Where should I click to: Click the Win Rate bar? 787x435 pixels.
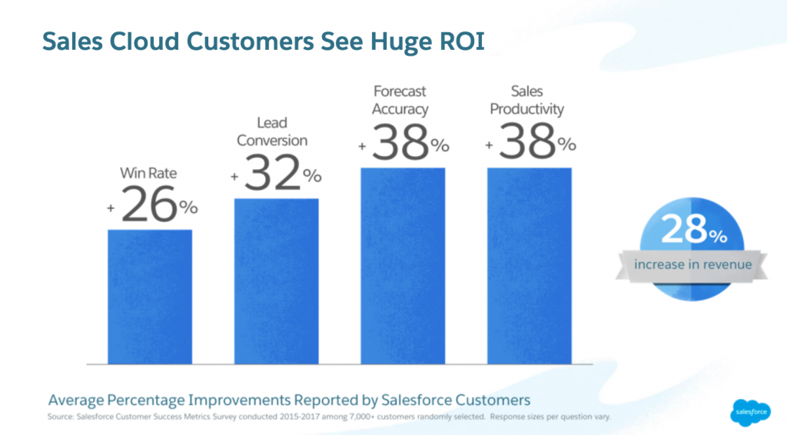tap(150, 296)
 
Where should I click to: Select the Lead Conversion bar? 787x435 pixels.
tap(276, 281)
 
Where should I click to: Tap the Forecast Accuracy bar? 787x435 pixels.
tap(403, 265)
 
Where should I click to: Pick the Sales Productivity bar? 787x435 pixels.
tap(530, 265)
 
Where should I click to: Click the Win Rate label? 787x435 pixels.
tap(148, 173)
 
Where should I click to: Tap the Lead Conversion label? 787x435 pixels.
tap(272, 131)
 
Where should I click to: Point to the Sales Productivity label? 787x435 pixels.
tap(526, 99)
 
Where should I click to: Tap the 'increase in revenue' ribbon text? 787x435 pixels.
tap(692, 264)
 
